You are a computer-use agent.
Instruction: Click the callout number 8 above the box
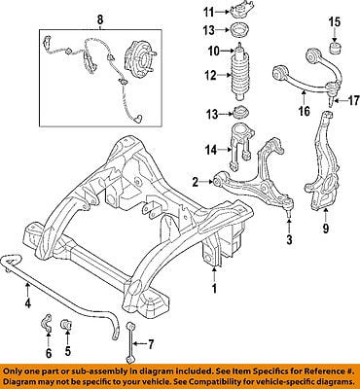pyautogui.click(x=100, y=19)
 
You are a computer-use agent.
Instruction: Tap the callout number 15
pyautogui.click(x=335, y=22)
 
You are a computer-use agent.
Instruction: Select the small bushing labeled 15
pyautogui.click(x=336, y=48)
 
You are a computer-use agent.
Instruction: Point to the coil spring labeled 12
pyautogui.click(x=238, y=78)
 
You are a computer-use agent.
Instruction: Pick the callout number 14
pyautogui.click(x=211, y=150)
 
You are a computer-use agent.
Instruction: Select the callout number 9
pyautogui.click(x=325, y=229)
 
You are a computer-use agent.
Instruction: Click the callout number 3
pyautogui.click(x=289, y=239)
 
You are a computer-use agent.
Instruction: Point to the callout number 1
pyautogui.click(x=214, y=288)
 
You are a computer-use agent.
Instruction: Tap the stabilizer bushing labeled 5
pyautogui.click(x=67, y=325)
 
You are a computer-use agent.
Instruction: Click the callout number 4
pyautogui.click(x=27, y=303)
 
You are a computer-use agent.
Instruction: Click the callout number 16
pyautogui.click(x=304, y=111)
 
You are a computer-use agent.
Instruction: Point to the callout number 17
pyautogui.click(x=353, y=101)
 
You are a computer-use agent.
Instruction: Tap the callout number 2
pyautogui.click(x=195, y=183)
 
